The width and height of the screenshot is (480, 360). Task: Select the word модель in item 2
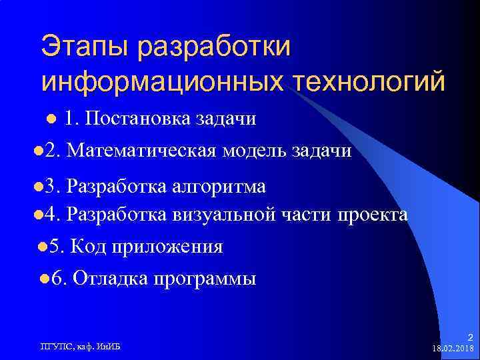253,151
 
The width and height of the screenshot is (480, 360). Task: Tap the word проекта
373,214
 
